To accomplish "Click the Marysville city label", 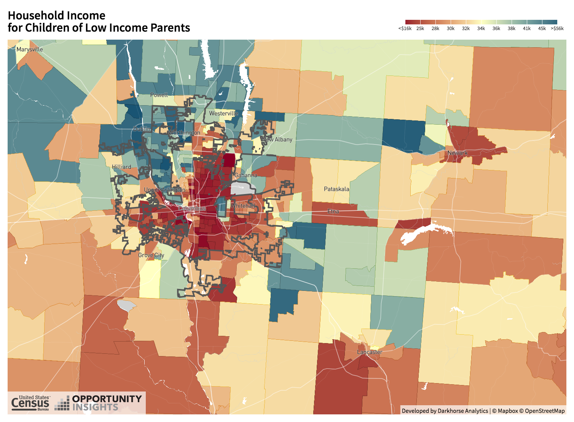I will (30, 50).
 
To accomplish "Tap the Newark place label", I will (458, 153).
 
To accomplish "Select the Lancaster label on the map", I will (370, 352).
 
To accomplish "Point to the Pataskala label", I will (336, 189).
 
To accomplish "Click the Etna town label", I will (333, 211).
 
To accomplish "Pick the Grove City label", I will (151, 255).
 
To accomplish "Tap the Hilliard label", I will (121, 167).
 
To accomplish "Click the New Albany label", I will (277, 140).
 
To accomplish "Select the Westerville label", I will (223, 114).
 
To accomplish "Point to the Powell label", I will (159, 95).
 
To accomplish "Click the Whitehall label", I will (243, 206).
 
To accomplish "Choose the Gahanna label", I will (246, 175).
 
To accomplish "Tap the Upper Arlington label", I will (164, 190).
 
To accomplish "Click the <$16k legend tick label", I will (405, 29).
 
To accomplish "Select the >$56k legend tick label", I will (557, 29).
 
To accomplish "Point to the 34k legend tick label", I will (481, 29).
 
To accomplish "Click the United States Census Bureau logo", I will (30, 403).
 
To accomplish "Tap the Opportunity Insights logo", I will (99, 403).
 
